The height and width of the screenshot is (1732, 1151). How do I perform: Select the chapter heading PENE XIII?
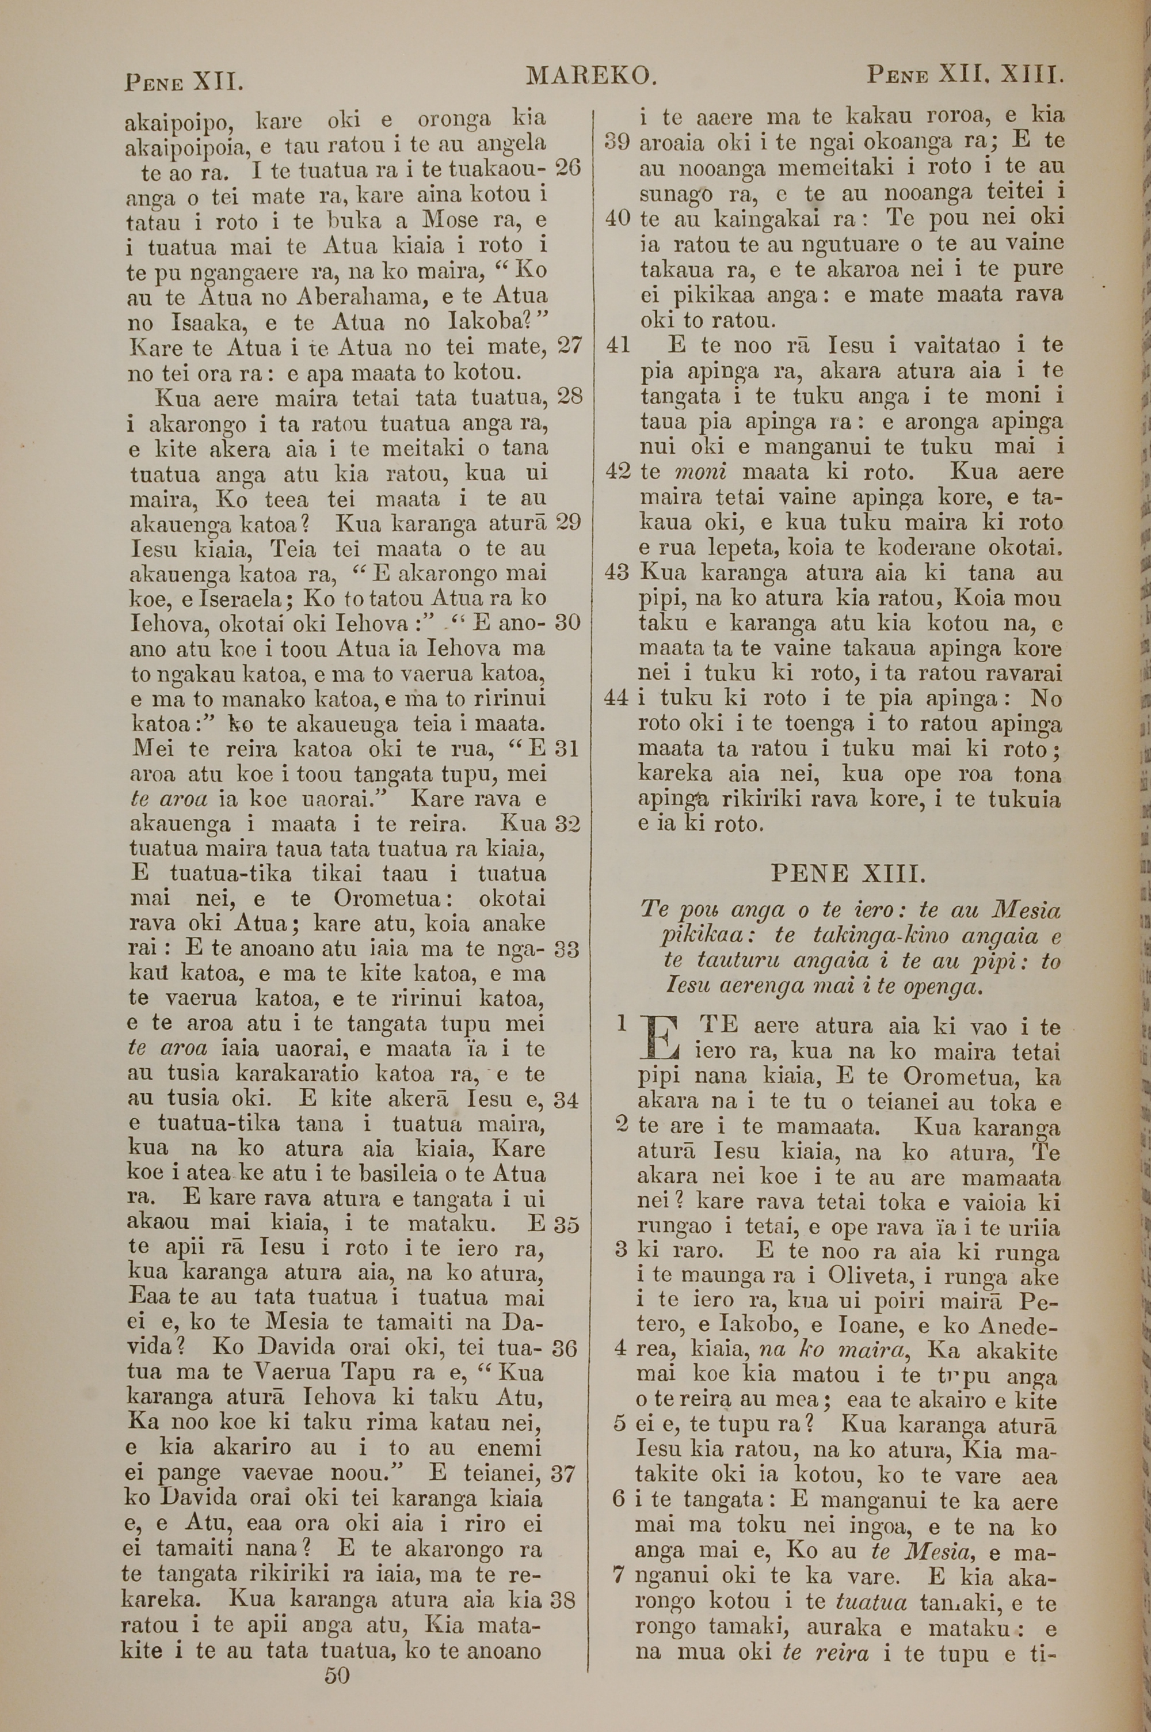[849, 873]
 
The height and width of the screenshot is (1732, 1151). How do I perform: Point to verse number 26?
[567, 168]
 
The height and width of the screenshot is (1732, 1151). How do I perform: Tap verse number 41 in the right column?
[619, 345]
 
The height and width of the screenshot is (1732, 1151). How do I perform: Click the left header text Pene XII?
[184, 80]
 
